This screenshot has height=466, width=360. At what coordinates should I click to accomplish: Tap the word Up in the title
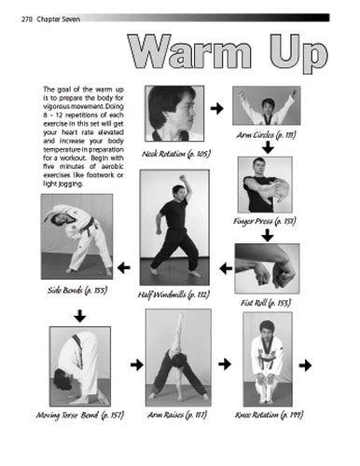click(294, 55)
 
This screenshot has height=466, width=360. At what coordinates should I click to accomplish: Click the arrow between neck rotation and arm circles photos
click(217, 109)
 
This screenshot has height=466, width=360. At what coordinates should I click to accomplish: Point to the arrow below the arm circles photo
click(267, 146)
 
